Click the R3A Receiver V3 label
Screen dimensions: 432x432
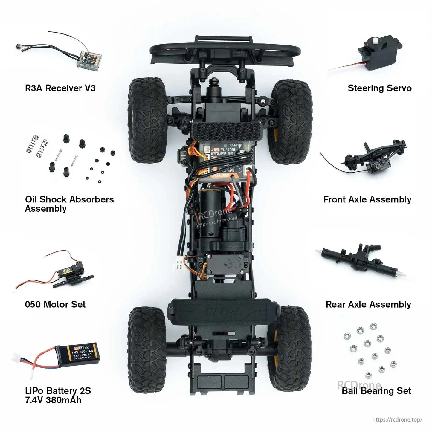60,88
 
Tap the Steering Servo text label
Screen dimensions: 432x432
379,88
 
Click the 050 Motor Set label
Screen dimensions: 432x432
55,304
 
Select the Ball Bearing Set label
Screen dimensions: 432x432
376,391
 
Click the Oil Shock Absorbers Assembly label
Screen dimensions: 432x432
69,204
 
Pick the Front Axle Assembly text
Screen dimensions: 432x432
367,199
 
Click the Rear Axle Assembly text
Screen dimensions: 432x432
368,304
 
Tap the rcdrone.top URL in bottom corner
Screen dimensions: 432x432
397,419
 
